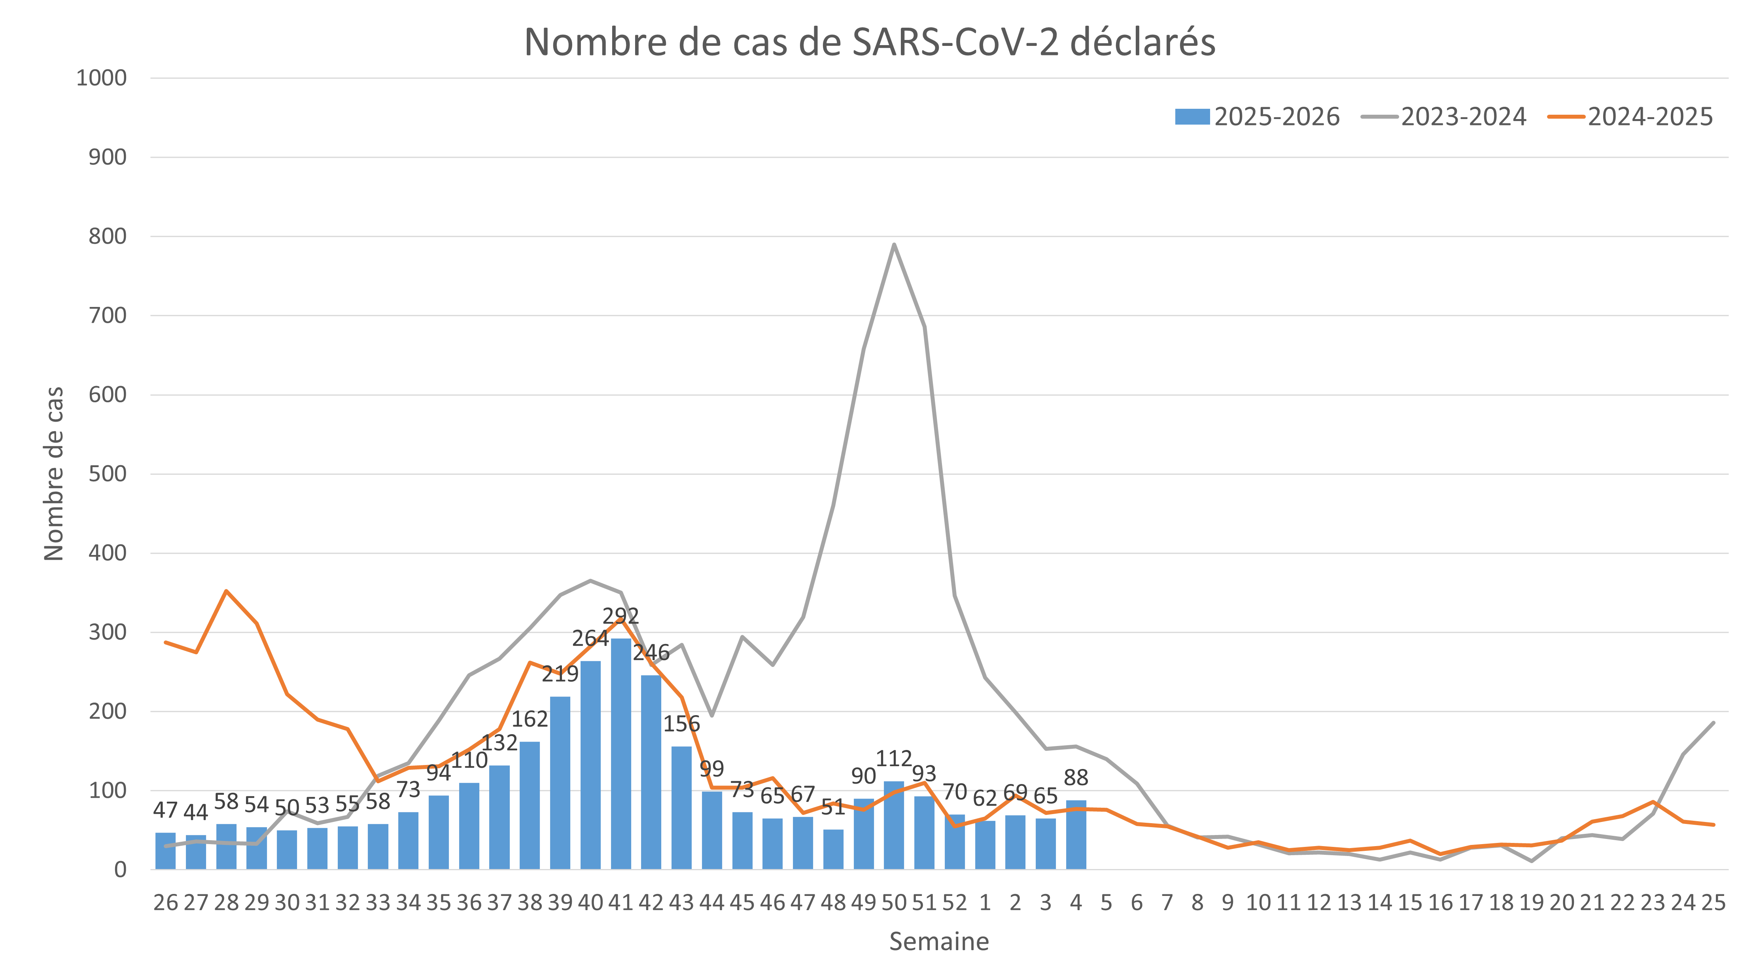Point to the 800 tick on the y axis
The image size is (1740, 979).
tap(108, 237)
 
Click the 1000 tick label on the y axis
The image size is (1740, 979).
tap(101, 78)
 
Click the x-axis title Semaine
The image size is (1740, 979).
tap(938, 941)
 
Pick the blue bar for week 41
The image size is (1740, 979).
tap(621, 754)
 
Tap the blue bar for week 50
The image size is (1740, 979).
tap(894, 825)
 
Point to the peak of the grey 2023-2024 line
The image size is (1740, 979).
tap(894, 244)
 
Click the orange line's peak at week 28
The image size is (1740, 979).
tap(226, 591)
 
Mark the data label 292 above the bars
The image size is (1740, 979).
tap(620, 615)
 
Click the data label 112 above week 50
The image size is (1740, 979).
tap(894, 759)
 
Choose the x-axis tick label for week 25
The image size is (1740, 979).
tap(1714, 903)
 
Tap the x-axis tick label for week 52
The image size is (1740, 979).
tap(955, 903)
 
